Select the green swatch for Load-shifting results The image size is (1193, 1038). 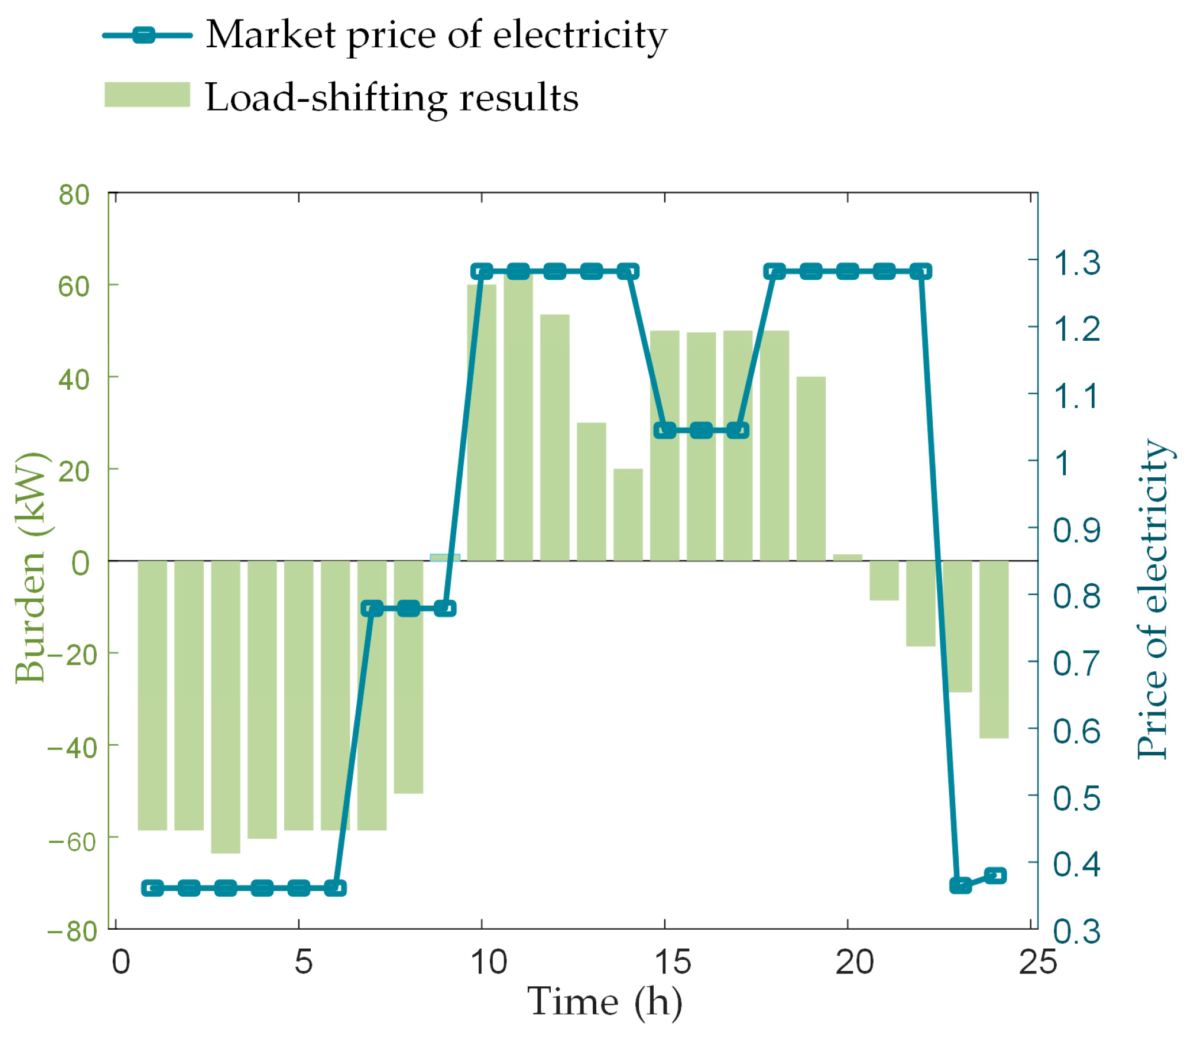point(147,94)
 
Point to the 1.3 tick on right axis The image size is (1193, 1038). point(1077,263)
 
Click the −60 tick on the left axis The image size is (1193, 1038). point(72,841)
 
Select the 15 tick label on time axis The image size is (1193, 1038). point(672,962)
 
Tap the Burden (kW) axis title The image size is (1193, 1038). point(30,568)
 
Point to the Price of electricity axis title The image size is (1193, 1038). point(1153,599)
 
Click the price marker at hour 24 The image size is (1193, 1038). point(995,875)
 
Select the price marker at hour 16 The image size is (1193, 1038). point(702,431)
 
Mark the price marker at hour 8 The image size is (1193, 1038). point(409,608)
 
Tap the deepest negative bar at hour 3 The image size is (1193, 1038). point(225,706)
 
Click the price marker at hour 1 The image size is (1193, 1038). point(153,888)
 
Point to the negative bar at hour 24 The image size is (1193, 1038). point(994,649)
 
